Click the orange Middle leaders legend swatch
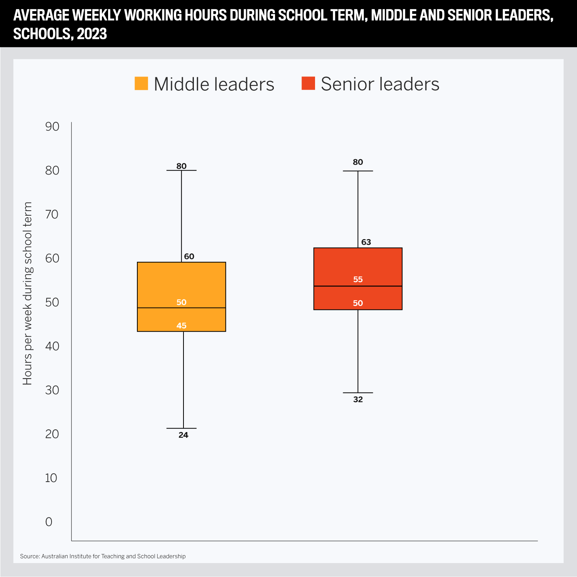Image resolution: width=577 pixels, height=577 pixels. click(141, 83)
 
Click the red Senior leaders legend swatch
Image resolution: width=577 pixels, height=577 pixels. click(308, 83)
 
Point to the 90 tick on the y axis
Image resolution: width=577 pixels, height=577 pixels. click(52, 126)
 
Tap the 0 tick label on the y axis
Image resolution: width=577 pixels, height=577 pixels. click(49, 522)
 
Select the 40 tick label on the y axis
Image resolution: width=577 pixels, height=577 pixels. click(52, 346)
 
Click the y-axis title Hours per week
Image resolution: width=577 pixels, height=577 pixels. click(28, 293)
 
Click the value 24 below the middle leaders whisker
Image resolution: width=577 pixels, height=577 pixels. click(183, 435)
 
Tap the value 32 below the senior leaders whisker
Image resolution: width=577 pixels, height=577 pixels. click(358, 399)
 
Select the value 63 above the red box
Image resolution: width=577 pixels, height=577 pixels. click(366, 242)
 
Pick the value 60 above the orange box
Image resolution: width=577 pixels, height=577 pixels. click(189, 256)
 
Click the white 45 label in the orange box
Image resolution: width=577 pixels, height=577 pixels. click(182, 326)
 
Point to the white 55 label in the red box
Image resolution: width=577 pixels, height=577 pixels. click(358, 279)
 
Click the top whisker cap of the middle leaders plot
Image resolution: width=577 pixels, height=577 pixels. click(182, 170)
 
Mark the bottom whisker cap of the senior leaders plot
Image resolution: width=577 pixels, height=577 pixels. click(358, 393)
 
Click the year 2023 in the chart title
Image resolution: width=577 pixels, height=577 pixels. click(92, 34)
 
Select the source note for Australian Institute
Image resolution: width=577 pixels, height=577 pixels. click(103, 556)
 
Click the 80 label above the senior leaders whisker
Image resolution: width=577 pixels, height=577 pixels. click(358, 162)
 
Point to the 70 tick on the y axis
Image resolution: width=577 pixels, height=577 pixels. click(52, 214)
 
